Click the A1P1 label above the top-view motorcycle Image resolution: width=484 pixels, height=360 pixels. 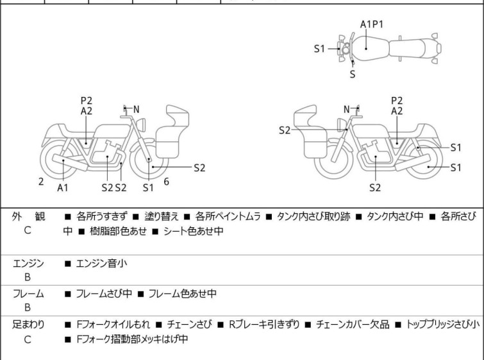[x=372, y=24]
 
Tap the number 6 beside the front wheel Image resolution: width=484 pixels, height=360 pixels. [x=166, y=182]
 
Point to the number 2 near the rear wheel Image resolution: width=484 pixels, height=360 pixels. [x=41, y=182]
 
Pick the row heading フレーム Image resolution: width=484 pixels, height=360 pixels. [x=28, y=294]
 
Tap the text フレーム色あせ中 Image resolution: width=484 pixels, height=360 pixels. [x=182, y=294]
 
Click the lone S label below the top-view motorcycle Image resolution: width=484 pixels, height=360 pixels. [x=352, y=74]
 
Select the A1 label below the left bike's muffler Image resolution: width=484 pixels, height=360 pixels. [x=62, y=188]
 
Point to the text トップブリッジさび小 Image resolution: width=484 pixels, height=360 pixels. [x=442, y=323]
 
